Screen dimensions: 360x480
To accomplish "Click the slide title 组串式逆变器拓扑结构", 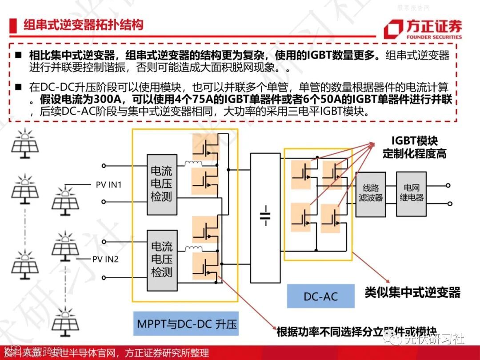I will pyautogui.click(x=84, y=24).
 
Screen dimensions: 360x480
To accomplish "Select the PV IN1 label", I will pyautogui.click(x=109, y=184).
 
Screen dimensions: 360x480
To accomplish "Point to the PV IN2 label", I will pyautogui.click(x=105, y=259).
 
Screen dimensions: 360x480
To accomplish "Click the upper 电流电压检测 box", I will pyautogui.click(x=161, y=184).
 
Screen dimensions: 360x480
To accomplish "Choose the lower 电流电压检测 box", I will pyautogui.click(x=161, y=259).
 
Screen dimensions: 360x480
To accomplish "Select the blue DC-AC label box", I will pyautogui.click(x=320, y=296).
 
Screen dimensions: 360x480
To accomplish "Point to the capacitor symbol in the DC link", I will pyautogui.click(x=265, y=215).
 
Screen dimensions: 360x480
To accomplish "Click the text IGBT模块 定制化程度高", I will pyautogui.click(x=414, y=147).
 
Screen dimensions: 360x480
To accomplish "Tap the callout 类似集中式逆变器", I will pyautogui.click(x=412, y=292).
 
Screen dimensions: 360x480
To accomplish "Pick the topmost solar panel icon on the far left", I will pyautogui.click(x=25, y=143).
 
